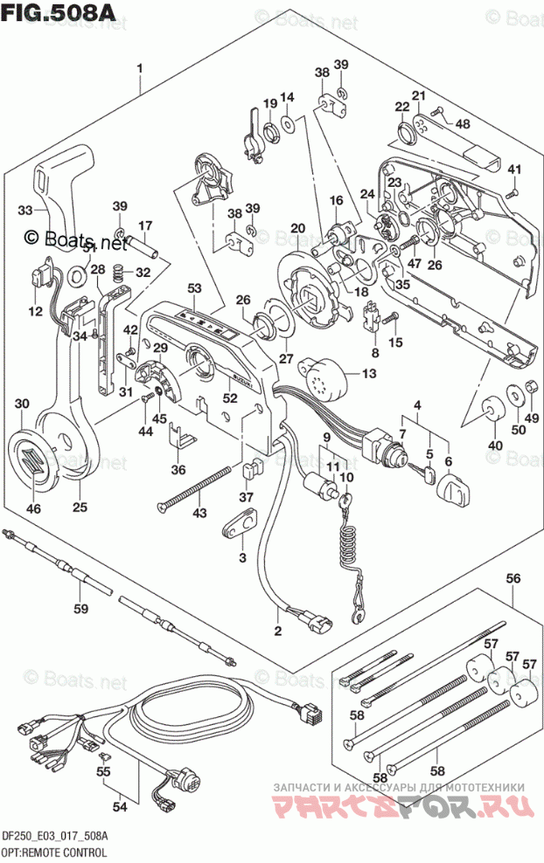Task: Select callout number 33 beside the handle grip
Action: [x=25, y=211]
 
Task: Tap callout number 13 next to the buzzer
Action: [x=367, y=374]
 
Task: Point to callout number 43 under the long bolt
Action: [x=200, y=512]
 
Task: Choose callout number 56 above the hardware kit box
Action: [x=513, y=578]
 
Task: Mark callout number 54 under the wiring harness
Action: [x=120, y=806]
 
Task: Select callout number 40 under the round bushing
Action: [x=496, y=446]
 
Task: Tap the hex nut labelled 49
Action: [x=531, y=389]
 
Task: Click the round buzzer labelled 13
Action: [x=317, y=376]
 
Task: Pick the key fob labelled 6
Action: [x=459, y=485]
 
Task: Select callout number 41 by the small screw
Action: [x=514, y=169]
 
